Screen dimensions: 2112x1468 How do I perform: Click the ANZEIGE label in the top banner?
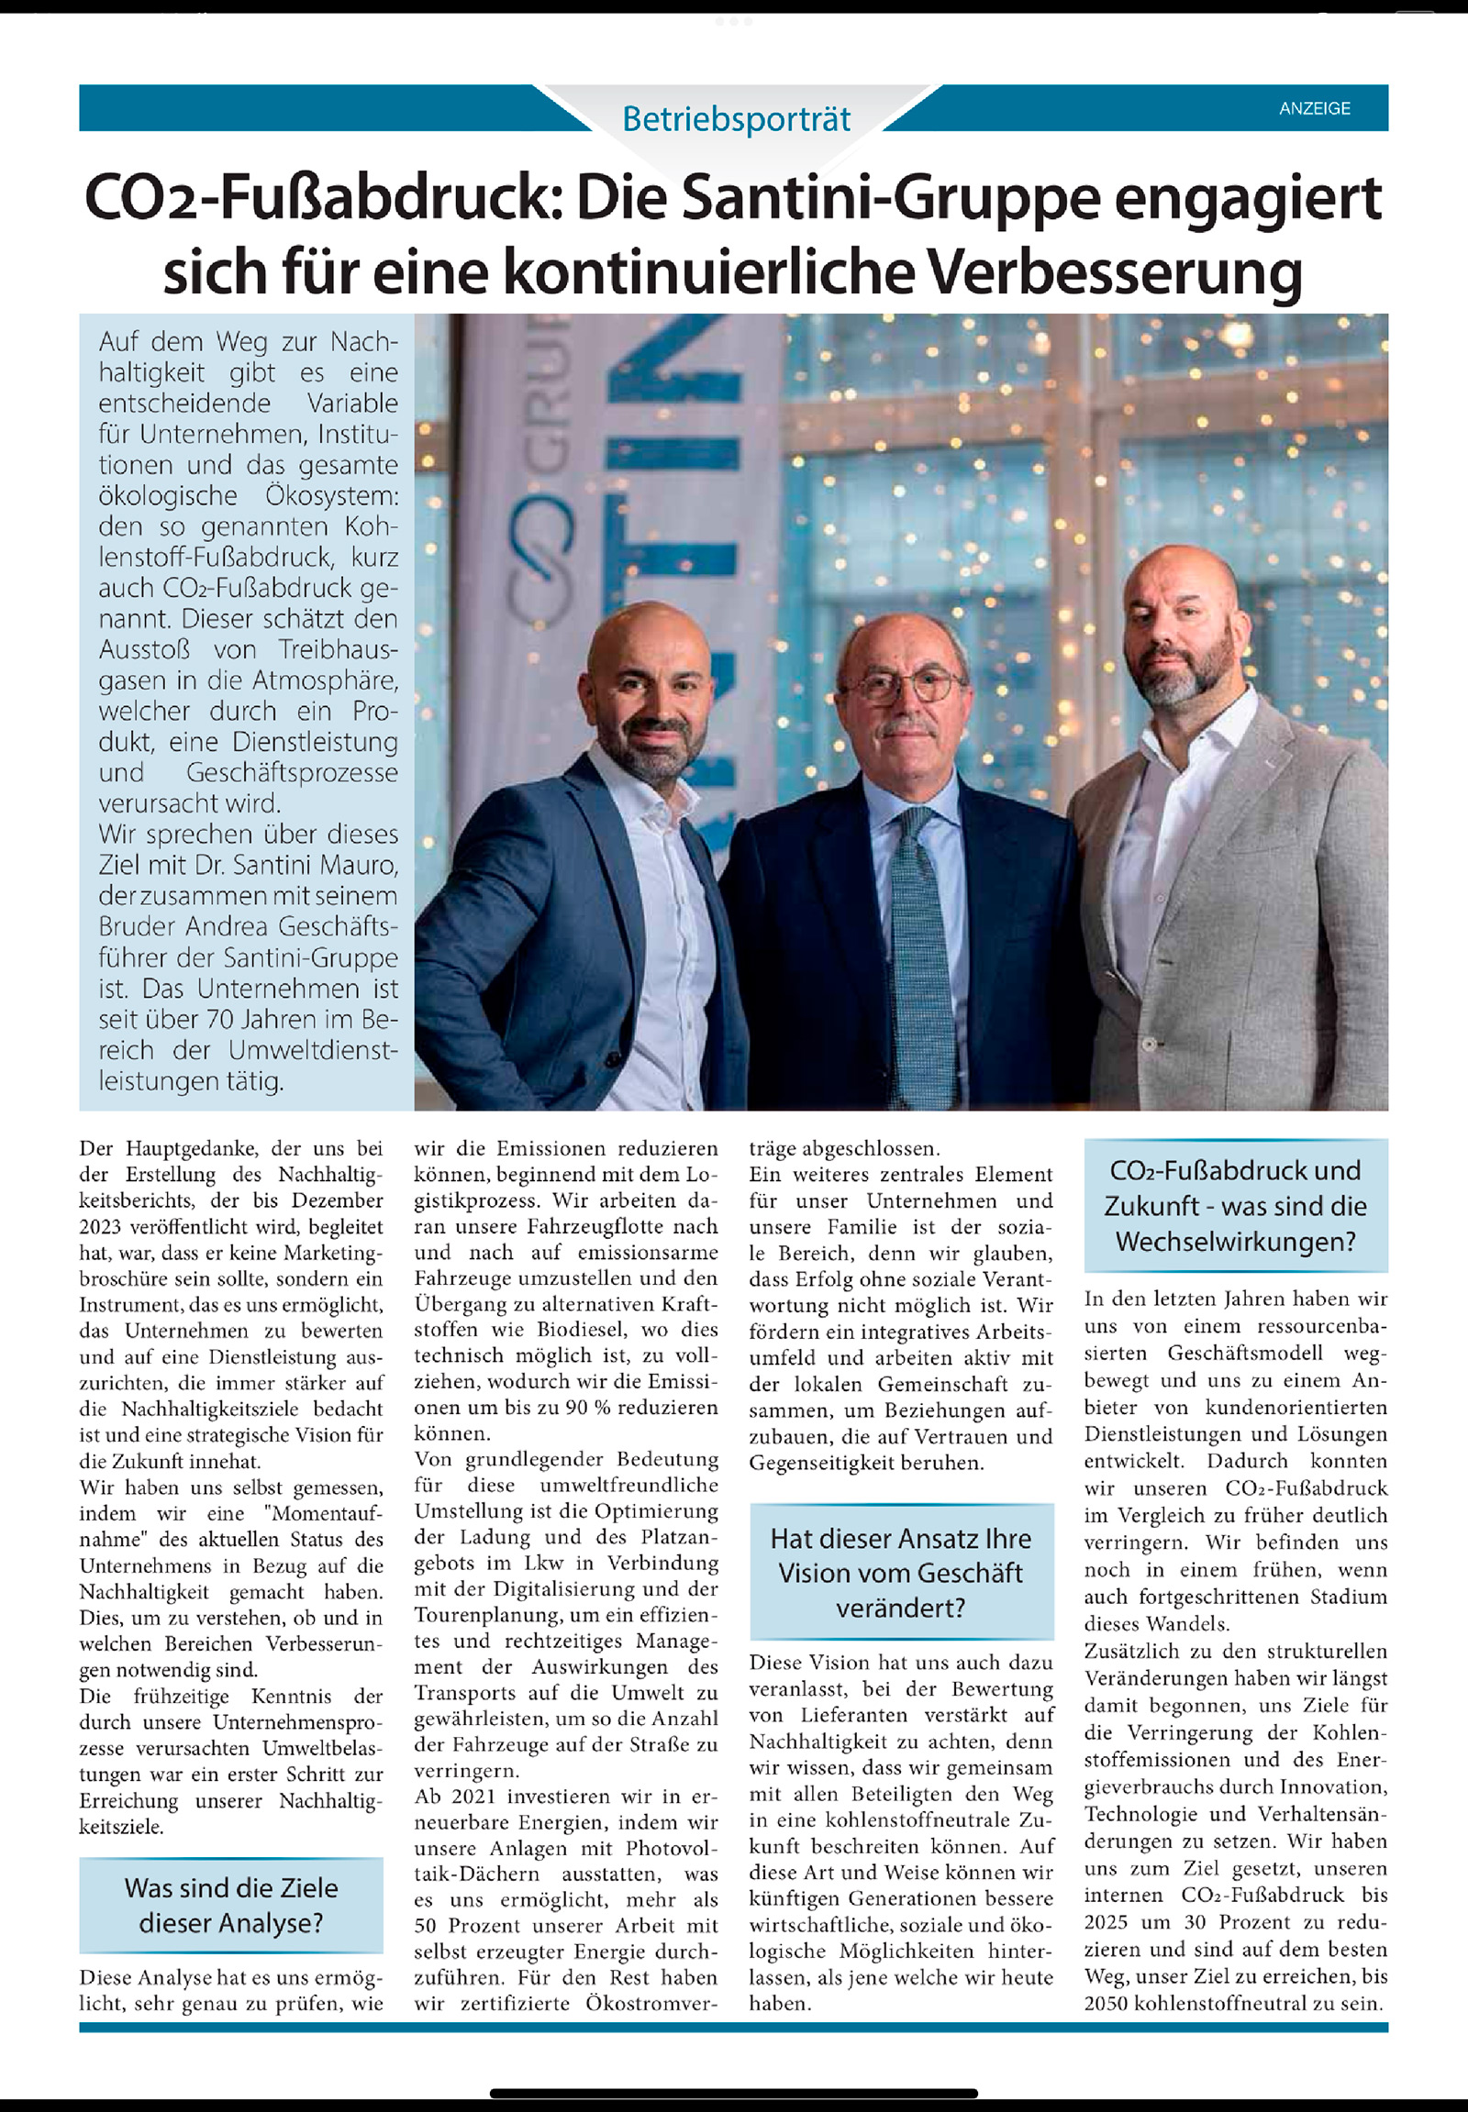click(1315, 108)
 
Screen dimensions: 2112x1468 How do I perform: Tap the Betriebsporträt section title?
click(736, 119)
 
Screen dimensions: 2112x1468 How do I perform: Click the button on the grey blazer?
click(1149, 1045)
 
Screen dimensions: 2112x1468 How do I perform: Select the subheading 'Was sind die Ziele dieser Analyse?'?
click(231, 1905)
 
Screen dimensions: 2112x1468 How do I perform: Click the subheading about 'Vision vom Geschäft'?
click(900, 1573)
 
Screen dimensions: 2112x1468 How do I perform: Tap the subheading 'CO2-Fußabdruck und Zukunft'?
click(1235, 1205)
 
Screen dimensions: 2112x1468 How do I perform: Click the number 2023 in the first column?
click(100, 1226)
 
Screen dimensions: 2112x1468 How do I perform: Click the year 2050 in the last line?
click(1106, 2004)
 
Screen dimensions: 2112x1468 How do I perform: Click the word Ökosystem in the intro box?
click(332, 495)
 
